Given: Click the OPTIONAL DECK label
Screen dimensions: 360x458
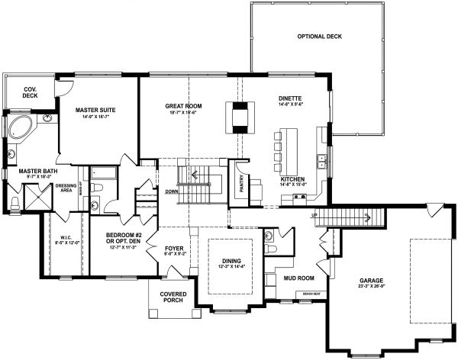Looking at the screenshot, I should (317, 37).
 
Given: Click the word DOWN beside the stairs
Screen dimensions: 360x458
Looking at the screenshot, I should (171, 191).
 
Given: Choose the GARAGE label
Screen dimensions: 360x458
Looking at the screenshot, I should (371, 281).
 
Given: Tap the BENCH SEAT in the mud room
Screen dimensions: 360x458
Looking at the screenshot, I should (311, 294).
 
